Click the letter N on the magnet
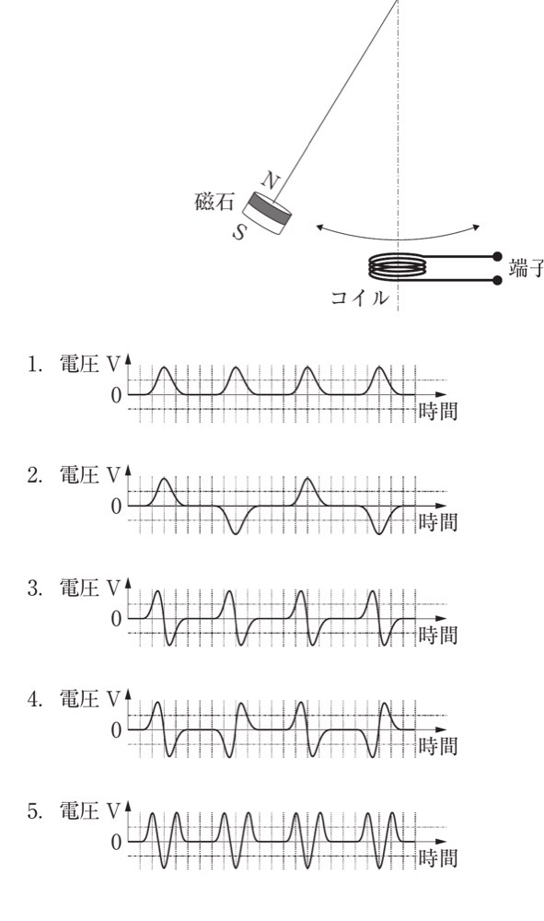pos(269,180)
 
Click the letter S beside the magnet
pos(238,232)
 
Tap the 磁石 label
pos(214,202)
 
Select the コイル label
pos(360,297)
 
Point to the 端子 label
pos(527,267)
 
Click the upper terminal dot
pos(497,256)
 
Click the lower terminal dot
pos(497,280)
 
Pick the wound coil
pos(398,266)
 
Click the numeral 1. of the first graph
pos(34,365)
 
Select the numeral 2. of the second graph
pos(35,475)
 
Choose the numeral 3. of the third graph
pos(35,588)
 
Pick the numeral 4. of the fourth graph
pos(35,699)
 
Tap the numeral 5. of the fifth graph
pos(35,811)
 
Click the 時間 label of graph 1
pos(438,411)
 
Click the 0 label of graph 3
pos(116,619)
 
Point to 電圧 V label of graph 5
pos(90,810)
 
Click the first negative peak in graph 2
pos(236,532)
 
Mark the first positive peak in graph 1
pos(165,368)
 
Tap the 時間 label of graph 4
pos(438,746)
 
